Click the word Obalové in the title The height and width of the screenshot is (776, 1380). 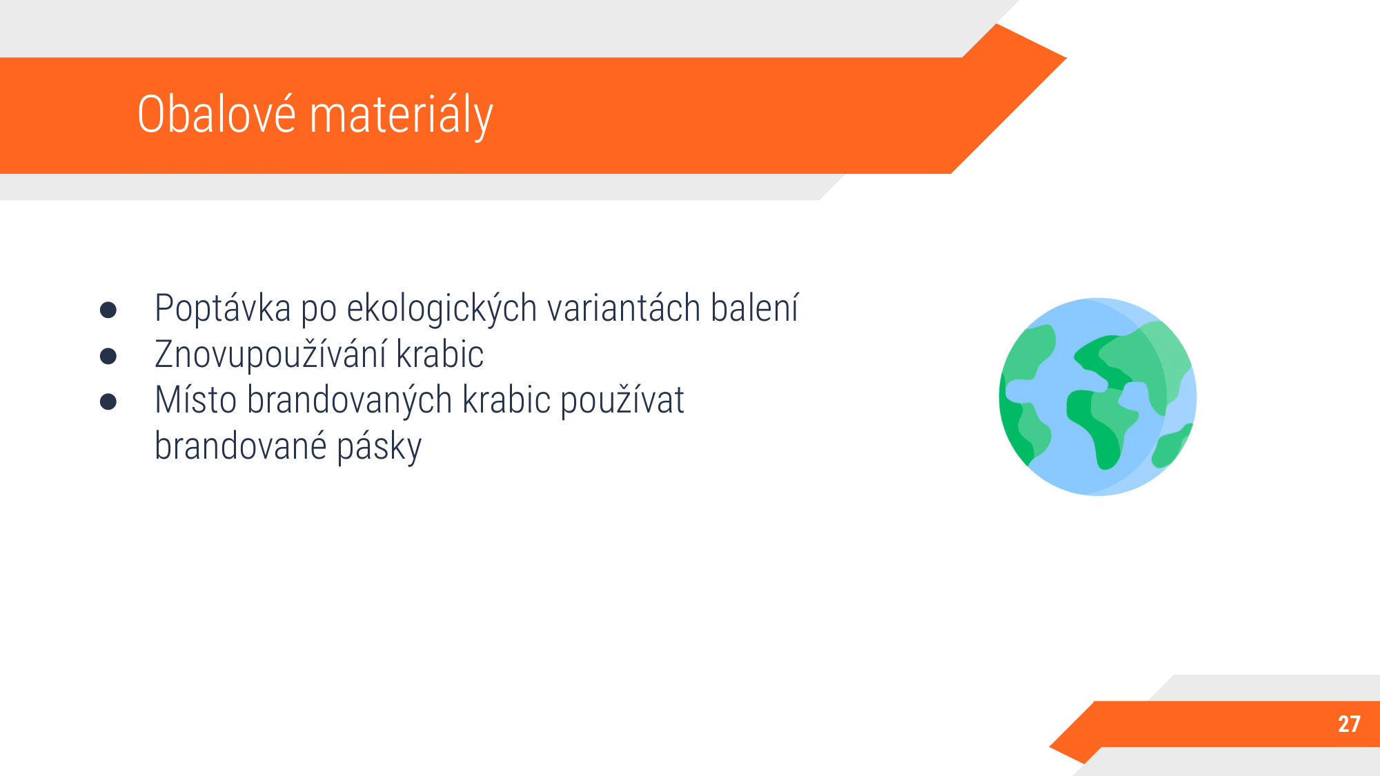pyautogui.click(x=217, y=114)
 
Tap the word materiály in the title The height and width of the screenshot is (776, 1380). pyautogui.click(x=402, y=117)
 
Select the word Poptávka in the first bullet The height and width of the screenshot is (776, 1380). pyautogui.click(x=223, y=308)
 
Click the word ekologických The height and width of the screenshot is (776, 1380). pyautogui.click(x=442, y=309)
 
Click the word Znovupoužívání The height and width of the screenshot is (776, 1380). pyautogui.click(x=271, y=355)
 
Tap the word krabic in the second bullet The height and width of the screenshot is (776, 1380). pyautogui.click(x=440, y=355)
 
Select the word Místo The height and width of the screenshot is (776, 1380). pyautogui.click(x=196, y=400)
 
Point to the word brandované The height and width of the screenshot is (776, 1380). pyautogui.click(x=241, y=446)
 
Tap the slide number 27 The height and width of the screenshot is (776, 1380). pyautogui.click(x=1349, y=724)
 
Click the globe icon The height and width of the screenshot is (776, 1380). pyautogui.click(x=1098, y=397)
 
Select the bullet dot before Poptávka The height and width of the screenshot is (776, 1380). pyautogui.click(x=108, y=310)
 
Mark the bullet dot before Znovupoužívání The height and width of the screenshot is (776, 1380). pyautogui.click(x=108, y=356)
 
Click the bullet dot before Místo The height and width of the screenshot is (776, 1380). pyautogui.click(x=108, y=401)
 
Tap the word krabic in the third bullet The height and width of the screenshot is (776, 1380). pyautogui.click(x=506, y=400)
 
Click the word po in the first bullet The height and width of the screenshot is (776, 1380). pyautogui.click(x=319, y=311)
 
